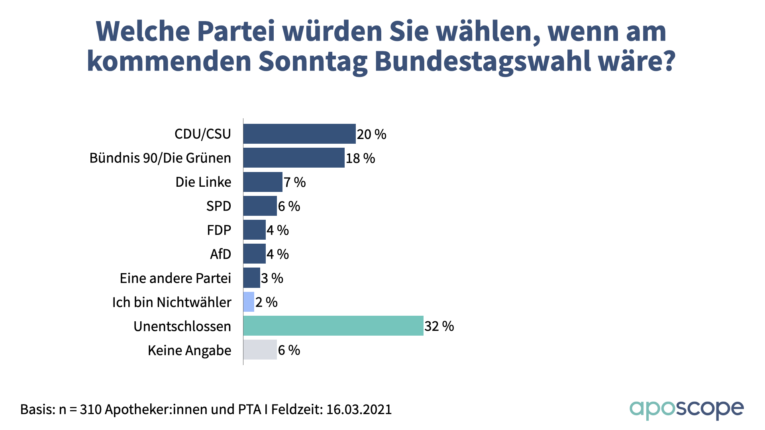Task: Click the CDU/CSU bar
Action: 299,134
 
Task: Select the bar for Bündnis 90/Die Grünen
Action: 294,158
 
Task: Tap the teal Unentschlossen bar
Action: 333,326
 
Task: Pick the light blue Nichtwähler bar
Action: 249,302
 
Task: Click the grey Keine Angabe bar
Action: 260,350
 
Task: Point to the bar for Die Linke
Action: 263,182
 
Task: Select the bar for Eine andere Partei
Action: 251,278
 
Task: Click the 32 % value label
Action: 439,326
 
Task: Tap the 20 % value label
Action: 371,135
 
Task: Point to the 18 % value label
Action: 360,158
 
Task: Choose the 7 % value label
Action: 294,182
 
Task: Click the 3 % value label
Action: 272,278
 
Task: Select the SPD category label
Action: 218,206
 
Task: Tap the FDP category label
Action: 219,230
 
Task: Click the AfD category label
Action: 220,254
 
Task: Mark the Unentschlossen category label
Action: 182,326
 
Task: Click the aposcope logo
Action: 686,409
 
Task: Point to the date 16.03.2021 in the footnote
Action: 359,409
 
